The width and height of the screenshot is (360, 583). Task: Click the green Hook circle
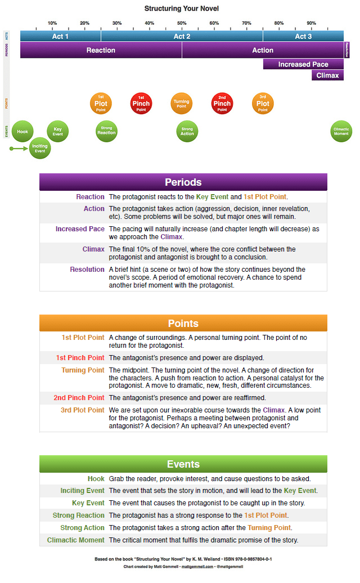[22, 131]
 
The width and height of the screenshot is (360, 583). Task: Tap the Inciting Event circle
[40, 148]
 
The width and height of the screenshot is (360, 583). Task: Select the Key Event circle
[57, 131]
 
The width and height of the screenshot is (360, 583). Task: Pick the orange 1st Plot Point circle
[101, 104]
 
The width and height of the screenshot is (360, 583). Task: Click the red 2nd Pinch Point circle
[222, 104]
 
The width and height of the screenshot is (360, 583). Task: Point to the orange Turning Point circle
[181, 104]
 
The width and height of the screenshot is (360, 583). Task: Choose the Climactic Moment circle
[341, 131]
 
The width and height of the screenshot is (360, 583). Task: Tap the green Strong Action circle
[187, 131]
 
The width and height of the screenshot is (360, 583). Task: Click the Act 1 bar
[60, 36]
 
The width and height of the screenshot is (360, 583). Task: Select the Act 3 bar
[303, 36]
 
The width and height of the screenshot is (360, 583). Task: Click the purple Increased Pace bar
[303, 64]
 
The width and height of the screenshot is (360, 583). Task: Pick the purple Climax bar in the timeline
[327, 75]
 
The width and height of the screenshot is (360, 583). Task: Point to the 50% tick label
[182, 23]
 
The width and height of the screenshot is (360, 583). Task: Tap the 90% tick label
[311, 23]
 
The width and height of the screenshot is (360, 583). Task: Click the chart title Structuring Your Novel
[182, 8]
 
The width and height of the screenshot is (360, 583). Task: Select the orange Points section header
[183, 323]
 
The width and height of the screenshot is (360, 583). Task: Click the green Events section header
[183, 464]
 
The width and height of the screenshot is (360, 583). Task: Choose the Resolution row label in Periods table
[87, 270]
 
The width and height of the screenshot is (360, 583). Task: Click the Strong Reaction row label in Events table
[79, 515]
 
